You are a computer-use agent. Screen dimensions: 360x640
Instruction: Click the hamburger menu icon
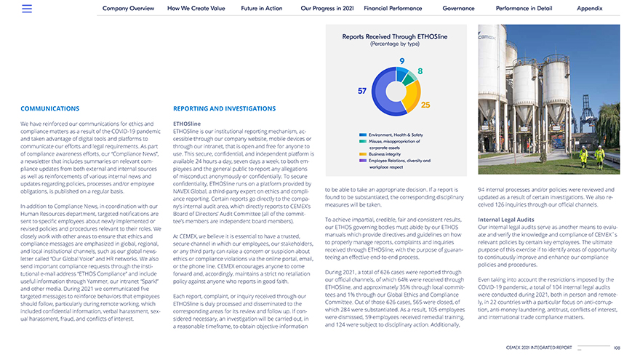tap(27, 9)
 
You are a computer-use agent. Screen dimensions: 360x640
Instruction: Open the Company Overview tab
tap(128, 9)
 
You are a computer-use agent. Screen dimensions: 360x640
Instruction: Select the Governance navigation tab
tap(458, 9)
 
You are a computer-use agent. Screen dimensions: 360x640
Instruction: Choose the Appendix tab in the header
tap(589, 9)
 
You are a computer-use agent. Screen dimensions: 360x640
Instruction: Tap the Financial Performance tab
tap(393, 9)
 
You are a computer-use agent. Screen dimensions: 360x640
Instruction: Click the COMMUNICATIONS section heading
tap(50, 109)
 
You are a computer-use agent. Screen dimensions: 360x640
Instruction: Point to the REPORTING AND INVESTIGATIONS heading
tap(225, 109)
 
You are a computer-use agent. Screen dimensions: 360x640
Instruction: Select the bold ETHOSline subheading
tap(187, 124)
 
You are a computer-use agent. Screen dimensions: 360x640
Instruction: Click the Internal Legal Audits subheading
tap(506, 219)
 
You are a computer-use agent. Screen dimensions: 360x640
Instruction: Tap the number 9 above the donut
tap(401, 60)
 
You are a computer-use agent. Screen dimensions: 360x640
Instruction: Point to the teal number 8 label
tap(420, 71)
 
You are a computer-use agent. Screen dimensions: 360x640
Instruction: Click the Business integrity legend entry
tap(385, 154)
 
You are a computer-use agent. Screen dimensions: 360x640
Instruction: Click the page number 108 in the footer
tap(617, 348)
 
